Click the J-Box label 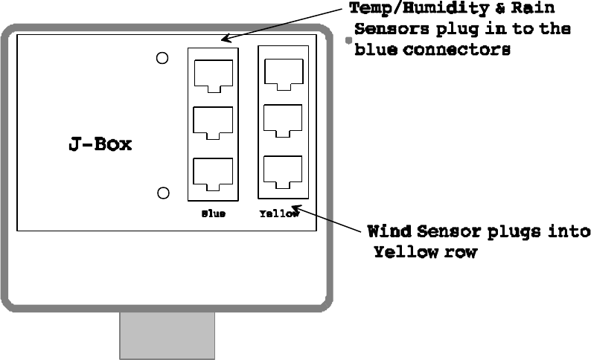100,144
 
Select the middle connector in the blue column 212,123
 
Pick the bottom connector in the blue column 212,173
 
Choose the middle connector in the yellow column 283,121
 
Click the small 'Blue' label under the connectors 213,213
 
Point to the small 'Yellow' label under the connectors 279,213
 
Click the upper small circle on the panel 162,59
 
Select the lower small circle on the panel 163,193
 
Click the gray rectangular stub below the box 167,335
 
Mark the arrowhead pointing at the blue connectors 224,38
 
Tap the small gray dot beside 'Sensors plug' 348,42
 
